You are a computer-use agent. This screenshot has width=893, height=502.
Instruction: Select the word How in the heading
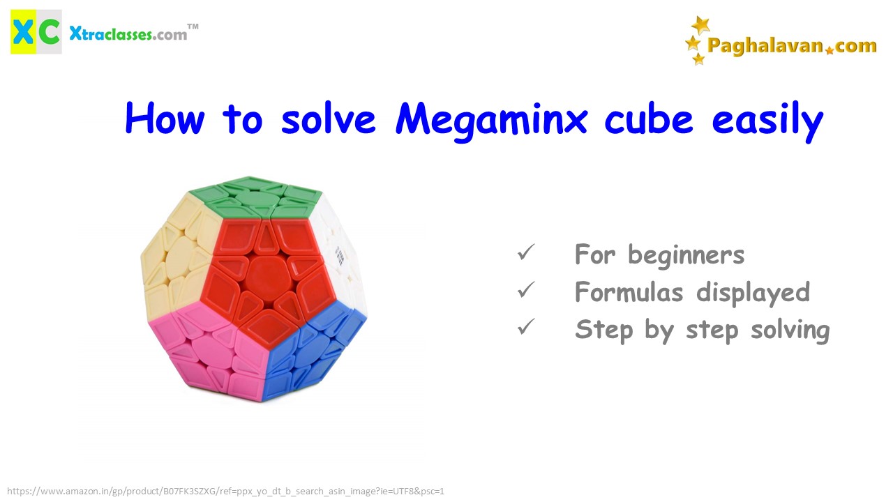tap(165, 118)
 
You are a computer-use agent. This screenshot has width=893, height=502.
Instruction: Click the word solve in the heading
tap(328, 119)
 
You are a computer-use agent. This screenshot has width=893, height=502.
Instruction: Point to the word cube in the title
tap(649, 119)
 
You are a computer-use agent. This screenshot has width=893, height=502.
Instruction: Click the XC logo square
tap(36, 32)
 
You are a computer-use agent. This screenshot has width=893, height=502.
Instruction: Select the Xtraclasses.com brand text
tap(128, 34)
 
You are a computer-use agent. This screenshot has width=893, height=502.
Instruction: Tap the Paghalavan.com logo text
tap(792, 46)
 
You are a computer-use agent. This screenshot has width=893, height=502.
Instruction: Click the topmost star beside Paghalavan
tap(700, 25)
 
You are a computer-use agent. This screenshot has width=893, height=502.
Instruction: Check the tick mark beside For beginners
tap(526, 252)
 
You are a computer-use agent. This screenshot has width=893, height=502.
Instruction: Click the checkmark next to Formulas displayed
tap(526, 289)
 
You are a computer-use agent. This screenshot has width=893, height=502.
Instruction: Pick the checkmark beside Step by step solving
tap(526, 327)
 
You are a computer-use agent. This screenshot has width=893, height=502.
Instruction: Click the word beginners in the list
tap(686, 254)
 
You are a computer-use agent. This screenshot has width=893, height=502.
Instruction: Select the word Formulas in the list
tap(629, 291)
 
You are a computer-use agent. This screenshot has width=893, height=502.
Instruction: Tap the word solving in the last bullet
tap(790, 330)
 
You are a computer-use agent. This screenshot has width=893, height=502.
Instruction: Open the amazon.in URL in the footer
tap(225, 492)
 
